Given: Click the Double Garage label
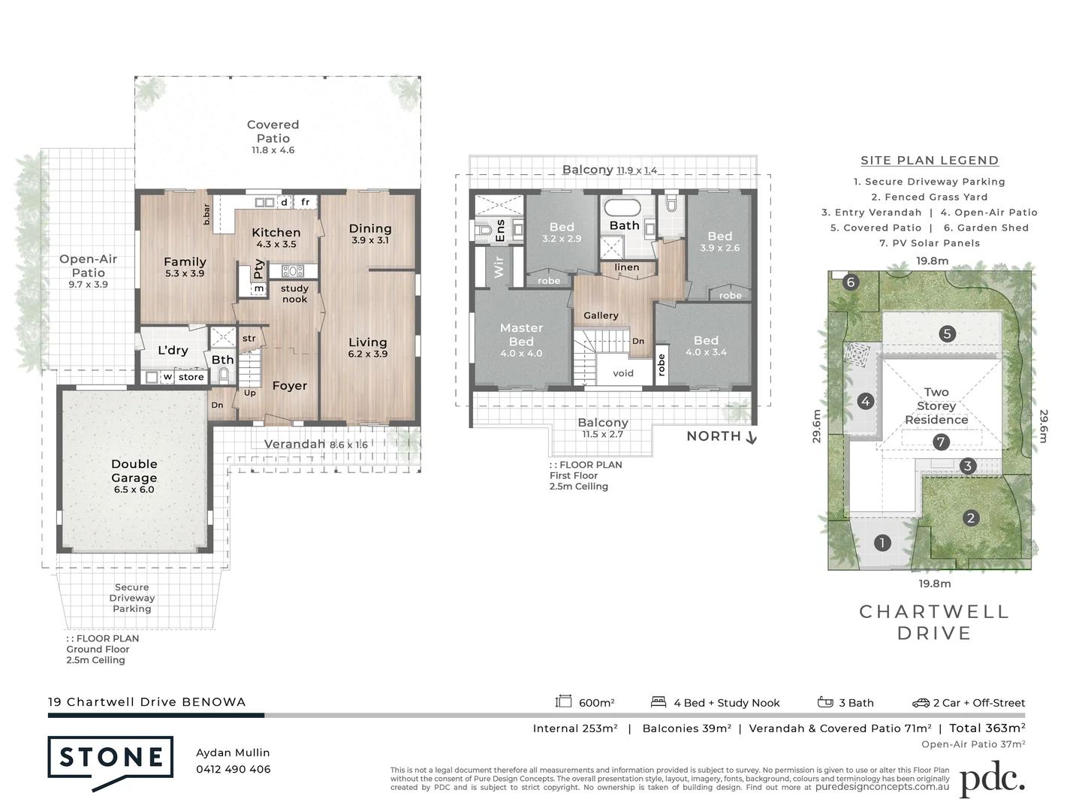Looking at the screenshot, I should point(134,471).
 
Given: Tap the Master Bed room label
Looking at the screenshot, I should point(521,335).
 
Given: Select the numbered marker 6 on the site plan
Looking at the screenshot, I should point(851,282).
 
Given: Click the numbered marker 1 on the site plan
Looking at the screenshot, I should point(882,542).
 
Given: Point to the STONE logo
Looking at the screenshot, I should point(111,758).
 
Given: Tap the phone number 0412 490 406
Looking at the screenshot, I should point(233,769).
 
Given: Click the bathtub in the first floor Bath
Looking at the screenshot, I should point(623,207).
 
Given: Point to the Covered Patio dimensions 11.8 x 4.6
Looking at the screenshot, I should point(273,150).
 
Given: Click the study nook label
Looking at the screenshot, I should point(294,294).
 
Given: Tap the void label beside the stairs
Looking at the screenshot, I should point(623,373).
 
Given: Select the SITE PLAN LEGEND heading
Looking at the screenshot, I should point(930,160).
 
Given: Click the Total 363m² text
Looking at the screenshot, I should point(987,728).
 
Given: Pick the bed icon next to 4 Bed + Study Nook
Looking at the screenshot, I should point(659,702).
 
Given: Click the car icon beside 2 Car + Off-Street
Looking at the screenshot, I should point(921,703).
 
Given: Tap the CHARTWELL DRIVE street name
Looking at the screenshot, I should point(934,623).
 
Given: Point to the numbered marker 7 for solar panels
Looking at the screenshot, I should point(941,442).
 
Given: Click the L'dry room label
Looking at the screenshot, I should point(173,351).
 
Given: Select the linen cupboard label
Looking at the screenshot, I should point(627,267).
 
